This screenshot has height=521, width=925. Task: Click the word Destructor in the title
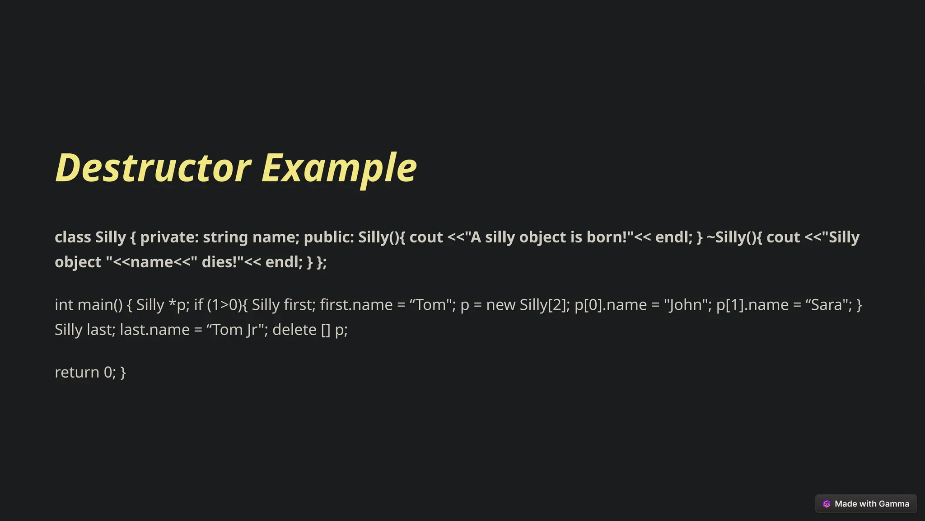tap(153, 168)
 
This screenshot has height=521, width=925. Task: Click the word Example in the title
tap(339, 168)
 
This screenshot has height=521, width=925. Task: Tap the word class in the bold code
tap(73, 237)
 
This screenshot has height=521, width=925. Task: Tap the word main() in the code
tap(100, 305)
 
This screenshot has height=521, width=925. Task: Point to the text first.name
tap(356, 305)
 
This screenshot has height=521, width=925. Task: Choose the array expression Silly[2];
tap(545, 305)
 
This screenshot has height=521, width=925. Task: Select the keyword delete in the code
tap(294, 330)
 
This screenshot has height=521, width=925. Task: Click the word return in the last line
tap(77, 372)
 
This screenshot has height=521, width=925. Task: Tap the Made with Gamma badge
tap(866, 504)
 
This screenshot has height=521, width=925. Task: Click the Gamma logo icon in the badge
tap(827, 504)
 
